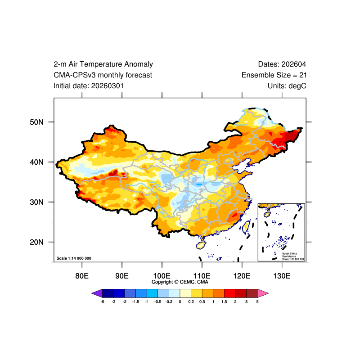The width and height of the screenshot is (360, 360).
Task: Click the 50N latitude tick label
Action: point(36,122)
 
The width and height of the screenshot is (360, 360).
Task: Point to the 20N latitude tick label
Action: point(36,242)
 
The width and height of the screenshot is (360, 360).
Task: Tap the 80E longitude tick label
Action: point(82,275)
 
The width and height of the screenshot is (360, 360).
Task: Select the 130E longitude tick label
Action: point(282,275)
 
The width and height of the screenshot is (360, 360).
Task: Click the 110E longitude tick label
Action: point(202,275)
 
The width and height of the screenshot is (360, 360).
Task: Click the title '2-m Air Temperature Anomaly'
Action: point(103,64)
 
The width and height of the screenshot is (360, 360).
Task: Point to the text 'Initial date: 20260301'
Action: point(89,85)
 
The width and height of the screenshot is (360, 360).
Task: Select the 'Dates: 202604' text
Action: point(282,64)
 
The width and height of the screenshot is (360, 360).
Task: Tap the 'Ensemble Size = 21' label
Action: point(274,75)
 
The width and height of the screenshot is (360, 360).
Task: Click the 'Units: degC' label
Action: point(287,85)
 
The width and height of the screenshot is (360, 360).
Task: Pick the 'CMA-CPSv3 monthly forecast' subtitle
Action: point(103,75)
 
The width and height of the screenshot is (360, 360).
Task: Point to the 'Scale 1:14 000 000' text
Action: point(74,258)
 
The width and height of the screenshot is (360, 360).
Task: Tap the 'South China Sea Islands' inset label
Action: point(290,255)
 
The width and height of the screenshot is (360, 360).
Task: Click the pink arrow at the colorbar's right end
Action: point(263,293)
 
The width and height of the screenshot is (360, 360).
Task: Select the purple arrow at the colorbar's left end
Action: point(97,293)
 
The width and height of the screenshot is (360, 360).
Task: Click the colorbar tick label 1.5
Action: point(224,301)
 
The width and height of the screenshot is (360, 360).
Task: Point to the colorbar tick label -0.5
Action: point(158,301)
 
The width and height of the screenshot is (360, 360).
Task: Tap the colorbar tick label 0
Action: point(180,301)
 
